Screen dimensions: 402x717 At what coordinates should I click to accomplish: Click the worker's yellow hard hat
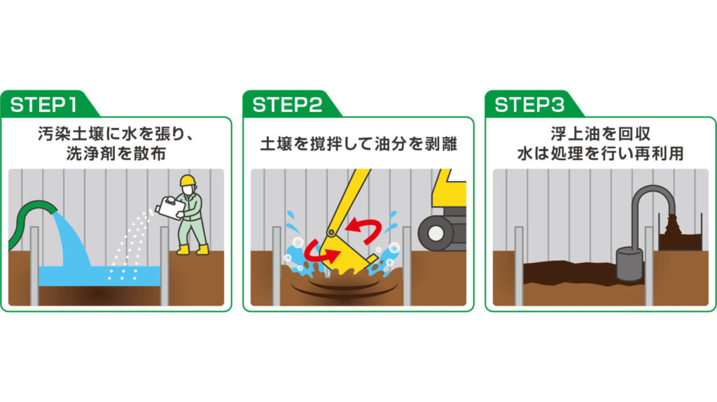187,180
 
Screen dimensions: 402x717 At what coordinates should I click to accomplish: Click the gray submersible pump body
629,264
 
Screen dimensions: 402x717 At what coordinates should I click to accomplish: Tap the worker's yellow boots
192,249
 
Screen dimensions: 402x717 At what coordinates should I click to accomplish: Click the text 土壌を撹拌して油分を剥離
358,145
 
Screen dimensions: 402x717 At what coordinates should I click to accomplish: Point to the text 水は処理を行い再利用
600,154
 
